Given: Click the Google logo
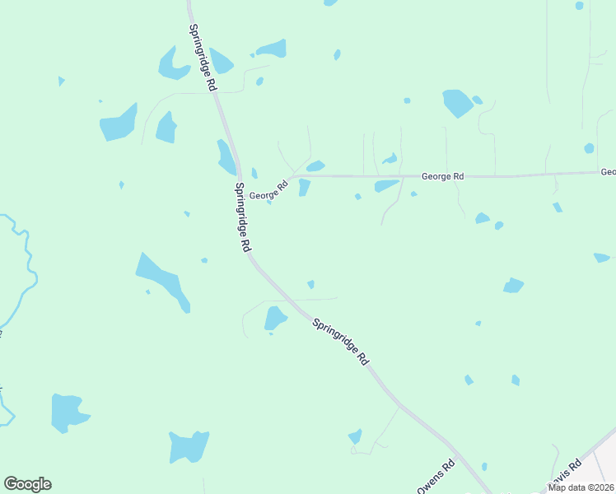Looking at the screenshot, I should (27, 484).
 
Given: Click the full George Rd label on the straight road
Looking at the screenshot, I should (442, 176).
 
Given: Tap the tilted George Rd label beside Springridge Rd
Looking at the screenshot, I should (268, 192).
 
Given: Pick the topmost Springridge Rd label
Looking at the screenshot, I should (203, 58).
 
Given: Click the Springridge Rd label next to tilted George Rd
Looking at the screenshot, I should (243, 217).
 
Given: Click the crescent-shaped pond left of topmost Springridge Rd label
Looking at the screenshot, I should (172, 64).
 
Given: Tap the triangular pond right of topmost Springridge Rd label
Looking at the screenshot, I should (221, 61).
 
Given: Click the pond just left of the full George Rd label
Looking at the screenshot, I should (385, 186).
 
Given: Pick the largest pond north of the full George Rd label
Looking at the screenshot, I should (457, 103).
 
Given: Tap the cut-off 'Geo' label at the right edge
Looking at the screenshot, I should (608, 172).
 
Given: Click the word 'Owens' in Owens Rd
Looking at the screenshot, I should (432, 482).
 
